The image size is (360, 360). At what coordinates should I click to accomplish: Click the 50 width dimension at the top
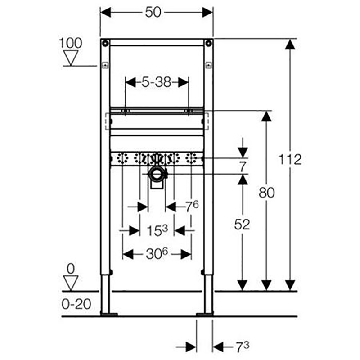(153, 12)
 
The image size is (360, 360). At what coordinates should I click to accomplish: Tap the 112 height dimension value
(290, 160)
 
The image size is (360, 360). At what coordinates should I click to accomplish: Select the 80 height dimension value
(266, 193)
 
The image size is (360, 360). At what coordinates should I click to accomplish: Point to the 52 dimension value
(242, 224)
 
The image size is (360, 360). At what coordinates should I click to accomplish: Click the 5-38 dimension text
(156, 82)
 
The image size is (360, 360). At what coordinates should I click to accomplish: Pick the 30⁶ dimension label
(157, 254)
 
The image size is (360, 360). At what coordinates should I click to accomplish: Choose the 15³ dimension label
(157, 230)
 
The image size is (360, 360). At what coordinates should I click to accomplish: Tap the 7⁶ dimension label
(192, 206)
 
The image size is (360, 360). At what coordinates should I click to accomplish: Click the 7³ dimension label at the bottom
(243, 347)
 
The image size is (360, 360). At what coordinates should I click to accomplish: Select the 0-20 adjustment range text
(76, 304)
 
